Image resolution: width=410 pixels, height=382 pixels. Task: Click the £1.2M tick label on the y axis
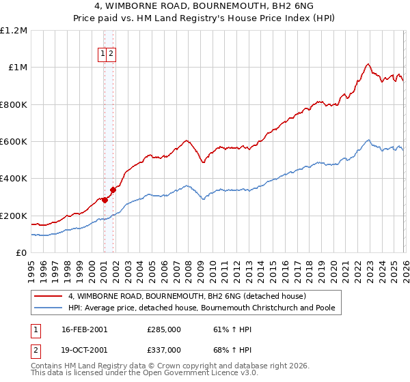[14, 31]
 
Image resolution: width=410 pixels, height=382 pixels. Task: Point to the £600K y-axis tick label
[14, 142]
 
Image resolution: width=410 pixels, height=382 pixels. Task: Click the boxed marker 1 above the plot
[103, 54]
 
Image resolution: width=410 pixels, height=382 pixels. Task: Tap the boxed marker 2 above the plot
[111, 54]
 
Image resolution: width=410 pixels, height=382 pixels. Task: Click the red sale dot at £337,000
[113, 190]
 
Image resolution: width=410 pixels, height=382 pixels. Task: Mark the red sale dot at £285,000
[105, 200]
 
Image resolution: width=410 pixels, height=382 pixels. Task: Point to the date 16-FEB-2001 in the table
[85, 329]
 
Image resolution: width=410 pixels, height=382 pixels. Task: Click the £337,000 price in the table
[164, 350]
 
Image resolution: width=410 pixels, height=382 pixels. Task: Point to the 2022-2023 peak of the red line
[368, 64]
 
